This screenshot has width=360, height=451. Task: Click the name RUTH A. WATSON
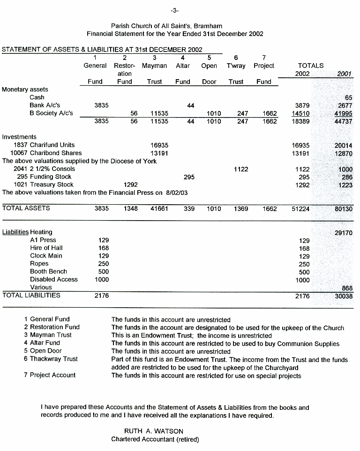[x=154, y=431]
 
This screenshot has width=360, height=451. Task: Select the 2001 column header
[x=345, y=74]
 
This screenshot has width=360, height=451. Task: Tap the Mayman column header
[x=154, y=66]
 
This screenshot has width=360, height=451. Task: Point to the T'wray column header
[x=236, y=66]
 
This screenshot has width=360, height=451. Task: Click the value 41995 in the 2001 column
[x=343, y=114]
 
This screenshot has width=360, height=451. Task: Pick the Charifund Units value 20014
[x=344, y=146]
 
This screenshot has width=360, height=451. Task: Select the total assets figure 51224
[x=300, y=209]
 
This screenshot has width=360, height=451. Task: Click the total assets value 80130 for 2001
[x=344, y=209]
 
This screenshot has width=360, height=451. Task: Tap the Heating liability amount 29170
[x=344, y=233]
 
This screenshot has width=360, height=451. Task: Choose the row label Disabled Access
[x=54, y=280]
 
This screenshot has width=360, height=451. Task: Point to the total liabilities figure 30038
[x=344, y=296]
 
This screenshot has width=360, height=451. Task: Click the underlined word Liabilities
[x=15, y=232]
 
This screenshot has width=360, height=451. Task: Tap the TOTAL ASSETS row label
[x=26, y=208]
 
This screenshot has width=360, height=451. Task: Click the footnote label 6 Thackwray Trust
[x=51, y=359]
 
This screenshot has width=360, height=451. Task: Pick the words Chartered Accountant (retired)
[x=155, y=439]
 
